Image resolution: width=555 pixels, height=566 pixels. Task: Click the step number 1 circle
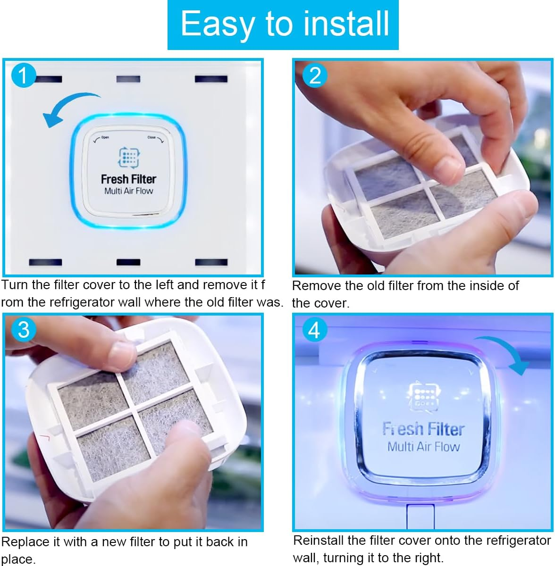[23, 75]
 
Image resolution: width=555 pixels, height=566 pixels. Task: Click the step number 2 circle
[315, 75]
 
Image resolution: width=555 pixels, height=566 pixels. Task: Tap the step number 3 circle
[24, 330]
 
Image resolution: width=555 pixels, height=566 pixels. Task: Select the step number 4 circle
[314, 330]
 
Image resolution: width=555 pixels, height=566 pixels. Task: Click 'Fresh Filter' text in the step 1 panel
[128, 179]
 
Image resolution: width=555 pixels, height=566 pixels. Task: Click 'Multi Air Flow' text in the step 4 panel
[423, 446]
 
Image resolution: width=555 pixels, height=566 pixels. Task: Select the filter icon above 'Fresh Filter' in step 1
[128, 158]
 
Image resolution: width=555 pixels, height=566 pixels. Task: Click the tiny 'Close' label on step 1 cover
[152, 138]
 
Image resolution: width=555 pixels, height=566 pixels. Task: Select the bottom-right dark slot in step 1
[211, 262]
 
